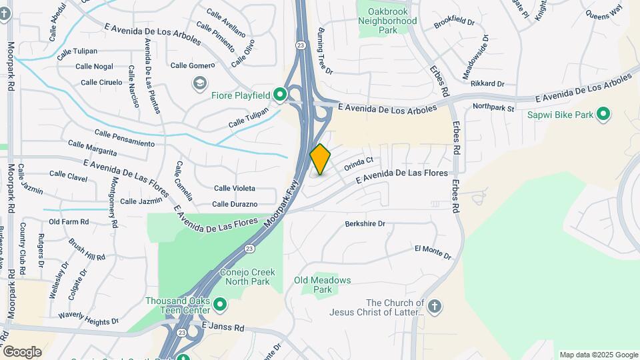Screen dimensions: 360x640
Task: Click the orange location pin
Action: point(321,159)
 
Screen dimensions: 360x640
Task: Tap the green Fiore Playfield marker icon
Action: point(281,95)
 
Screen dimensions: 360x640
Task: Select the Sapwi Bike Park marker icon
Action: point(603,115)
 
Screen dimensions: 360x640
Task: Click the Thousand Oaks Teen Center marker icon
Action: point(219,306)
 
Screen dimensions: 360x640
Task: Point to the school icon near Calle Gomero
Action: point(199,83)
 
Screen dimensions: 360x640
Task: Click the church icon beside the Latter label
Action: point(434,307)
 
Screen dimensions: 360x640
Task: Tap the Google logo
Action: point(22,351)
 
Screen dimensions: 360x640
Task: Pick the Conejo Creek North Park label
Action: point(245,277)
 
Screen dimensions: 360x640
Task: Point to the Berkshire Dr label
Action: point(365,224)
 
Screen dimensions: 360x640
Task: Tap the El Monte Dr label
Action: point(433,252)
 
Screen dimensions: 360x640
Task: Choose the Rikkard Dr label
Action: point(487,83)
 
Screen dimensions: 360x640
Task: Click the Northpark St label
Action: point(493,107)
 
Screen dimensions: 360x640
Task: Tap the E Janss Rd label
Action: point(223,327)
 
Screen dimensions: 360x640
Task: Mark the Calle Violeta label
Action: point(234,189)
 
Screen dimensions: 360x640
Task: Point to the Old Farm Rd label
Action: point(69,222)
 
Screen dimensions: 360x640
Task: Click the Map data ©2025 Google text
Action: point(598,355)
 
